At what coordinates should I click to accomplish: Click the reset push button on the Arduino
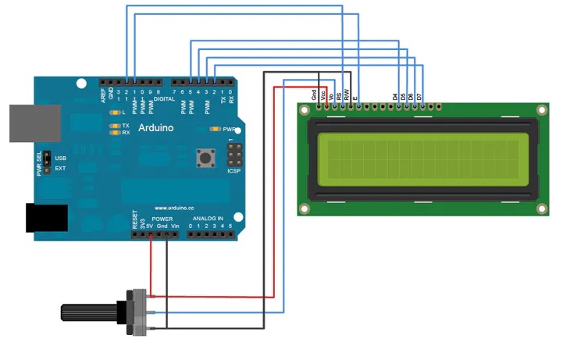[x=206, y=158]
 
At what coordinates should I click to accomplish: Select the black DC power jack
[x=46, y=218]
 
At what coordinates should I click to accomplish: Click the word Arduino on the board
[x=156, y=127]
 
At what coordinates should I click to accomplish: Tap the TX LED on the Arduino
[x=115, y=125]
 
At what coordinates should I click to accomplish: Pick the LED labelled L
[x=115, y=113]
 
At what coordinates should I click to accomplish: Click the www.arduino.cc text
[x=174, y=208]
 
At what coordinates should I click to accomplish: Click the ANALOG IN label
[x=208, y=218]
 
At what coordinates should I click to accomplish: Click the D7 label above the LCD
[x=420, y=96]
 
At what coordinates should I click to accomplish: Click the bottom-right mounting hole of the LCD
[x=540, y=207]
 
